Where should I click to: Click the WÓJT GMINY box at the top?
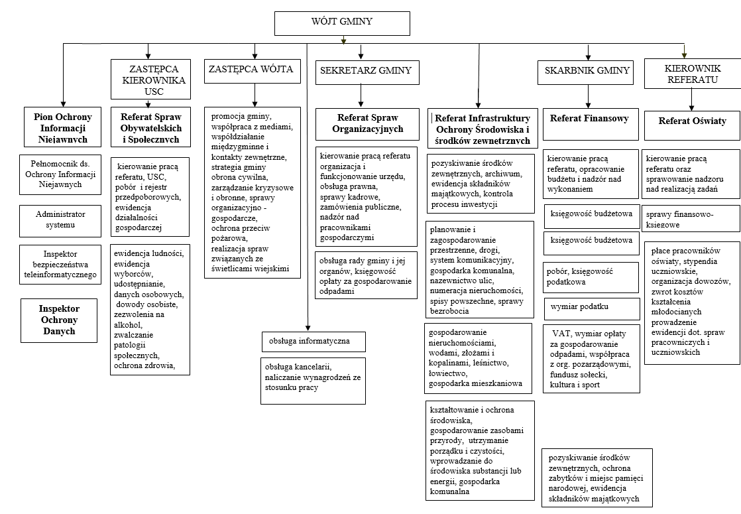click(342, 23)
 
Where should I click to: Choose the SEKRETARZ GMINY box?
click(365, 71)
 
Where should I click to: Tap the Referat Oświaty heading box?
click(692, 121)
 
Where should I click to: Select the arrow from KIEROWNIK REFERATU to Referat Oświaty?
click(692, 99)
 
